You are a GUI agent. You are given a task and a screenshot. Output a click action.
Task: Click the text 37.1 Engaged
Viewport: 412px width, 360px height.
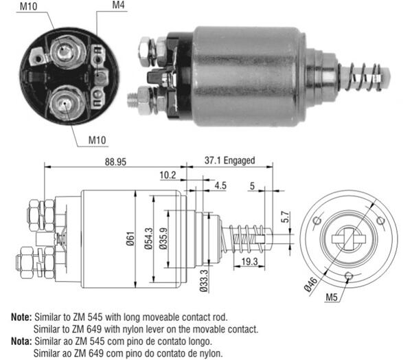(x=229, y=161)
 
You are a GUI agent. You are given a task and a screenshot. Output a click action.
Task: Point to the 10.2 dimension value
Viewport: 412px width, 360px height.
(x=168, y=175)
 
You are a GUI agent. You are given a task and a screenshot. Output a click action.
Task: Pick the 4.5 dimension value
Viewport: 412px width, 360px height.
(x=220, y=185)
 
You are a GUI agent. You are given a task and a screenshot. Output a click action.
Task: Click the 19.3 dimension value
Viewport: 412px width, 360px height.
(x=249, y=262)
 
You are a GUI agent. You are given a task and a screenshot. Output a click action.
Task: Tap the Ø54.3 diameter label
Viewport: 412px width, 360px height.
(x=149, y=238)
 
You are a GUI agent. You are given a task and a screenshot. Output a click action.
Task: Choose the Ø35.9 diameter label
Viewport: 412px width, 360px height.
(x=163, y=238)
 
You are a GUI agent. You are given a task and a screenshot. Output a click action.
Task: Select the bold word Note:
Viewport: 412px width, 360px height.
(x=21, y=318)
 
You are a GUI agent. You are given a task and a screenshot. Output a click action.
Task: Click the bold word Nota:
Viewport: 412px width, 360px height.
(x=21, y=340)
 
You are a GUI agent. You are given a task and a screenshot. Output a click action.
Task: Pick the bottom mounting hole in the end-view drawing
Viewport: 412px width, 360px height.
(x=349, y=276)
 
